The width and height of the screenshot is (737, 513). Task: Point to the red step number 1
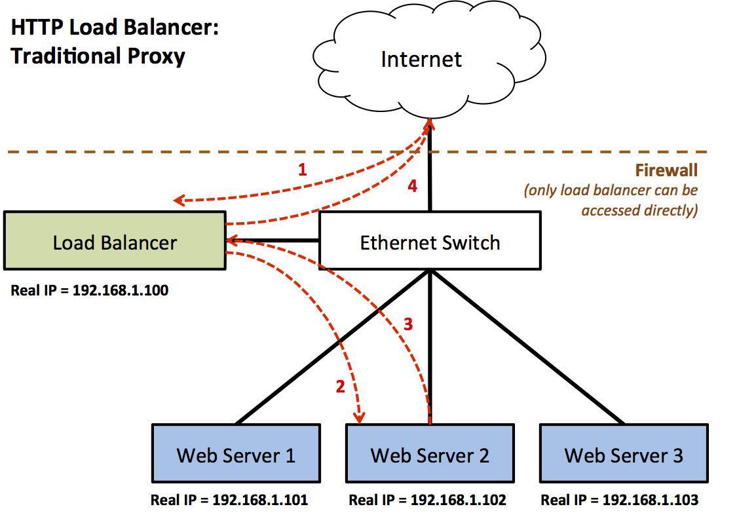tap(302, 170)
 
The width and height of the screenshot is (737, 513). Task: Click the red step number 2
tap(340, 387)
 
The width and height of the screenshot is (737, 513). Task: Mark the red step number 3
tap(407, 324)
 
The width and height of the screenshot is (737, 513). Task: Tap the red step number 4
tap(412, 186)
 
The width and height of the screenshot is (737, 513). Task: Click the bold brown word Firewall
tap(666, 171)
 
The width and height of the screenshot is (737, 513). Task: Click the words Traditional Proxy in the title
tap(98, 56)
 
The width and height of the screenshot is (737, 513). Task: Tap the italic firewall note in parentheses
tap(611, 200)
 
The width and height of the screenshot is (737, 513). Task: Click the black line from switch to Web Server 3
tap(527, 347)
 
